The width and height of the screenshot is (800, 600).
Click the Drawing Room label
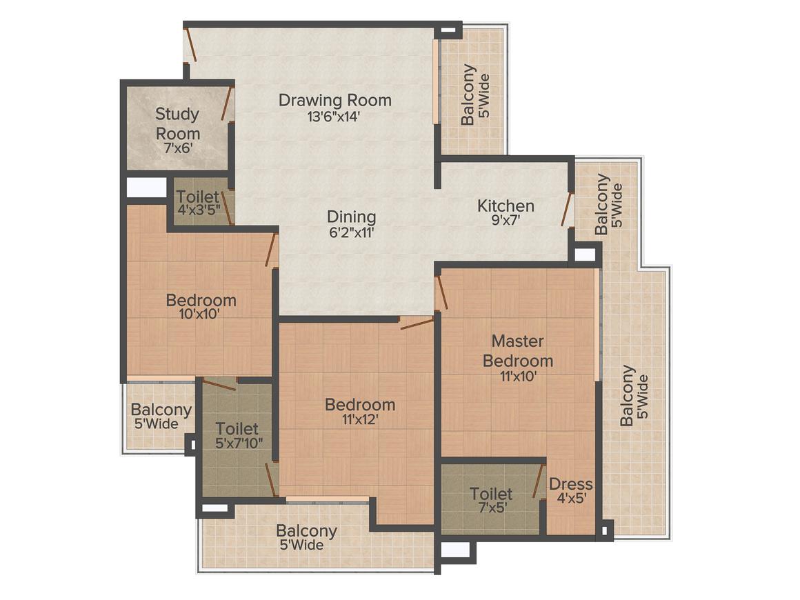pyautogui.click(x=334, y=100)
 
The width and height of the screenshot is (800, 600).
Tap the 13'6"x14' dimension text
pyautogui.click(x=334, y=117)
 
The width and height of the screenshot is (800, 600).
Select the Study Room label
pyautogui.click(x=177, y=123)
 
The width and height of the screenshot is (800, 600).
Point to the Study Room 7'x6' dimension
pyautogui.click(x=177, y=148)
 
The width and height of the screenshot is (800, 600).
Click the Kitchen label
pyautogui.click(x=506, y=206)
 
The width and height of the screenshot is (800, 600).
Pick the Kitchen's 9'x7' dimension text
pyautogui.click(x=506, y=221)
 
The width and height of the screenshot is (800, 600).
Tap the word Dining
pyautogui.click(x=351, y=217)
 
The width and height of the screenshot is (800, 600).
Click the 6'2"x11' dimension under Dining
pyautogui.click(x=351, y=233)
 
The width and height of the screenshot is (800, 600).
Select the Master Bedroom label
pyautogui.click(x=517, y=350)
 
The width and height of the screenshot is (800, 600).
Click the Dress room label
pyautogui.click(x=570, y=484)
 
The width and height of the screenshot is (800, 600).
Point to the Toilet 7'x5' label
pyautogui.click(x=491, y=494)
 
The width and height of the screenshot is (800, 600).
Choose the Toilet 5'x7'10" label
pyautogui.click(x=237, y=429)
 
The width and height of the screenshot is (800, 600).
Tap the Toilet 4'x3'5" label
pyautogui.click(x=198, y=197)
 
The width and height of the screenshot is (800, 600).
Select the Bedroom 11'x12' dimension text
pyautogui.click(x=360, y=419)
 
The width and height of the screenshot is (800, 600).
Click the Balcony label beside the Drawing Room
pyautogui.click(x=468, y=94)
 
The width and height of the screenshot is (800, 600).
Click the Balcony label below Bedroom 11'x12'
pyautogui.click(x=306, y=531)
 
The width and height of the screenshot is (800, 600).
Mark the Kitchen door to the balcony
pyautogui.click(x=567, y=210)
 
